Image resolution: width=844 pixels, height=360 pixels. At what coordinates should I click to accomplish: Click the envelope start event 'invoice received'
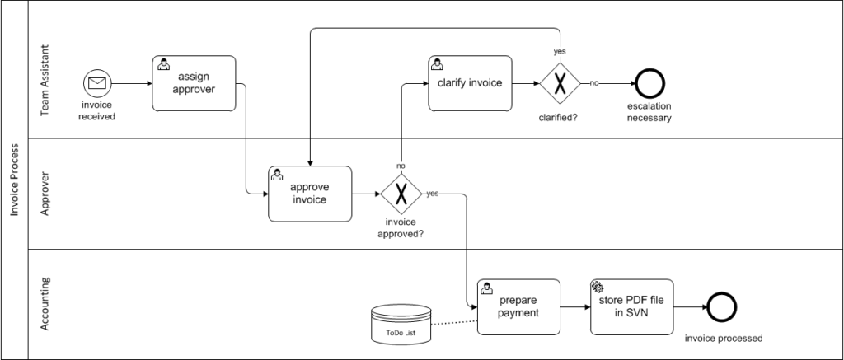point(97,83)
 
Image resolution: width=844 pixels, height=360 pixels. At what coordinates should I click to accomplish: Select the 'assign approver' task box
point(194,83)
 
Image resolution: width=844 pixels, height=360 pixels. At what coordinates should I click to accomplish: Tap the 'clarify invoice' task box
point(470,83)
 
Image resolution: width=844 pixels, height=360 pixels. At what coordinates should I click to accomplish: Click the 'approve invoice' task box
point(310,194)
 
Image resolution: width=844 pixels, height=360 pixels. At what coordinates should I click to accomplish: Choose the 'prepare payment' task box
point(518,306)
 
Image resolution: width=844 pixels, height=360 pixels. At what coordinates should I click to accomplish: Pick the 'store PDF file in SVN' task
point(631,306)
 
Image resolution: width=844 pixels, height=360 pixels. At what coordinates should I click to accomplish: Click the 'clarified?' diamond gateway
point(560,83)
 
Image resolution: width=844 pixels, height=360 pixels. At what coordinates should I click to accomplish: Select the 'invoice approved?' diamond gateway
point(401,194)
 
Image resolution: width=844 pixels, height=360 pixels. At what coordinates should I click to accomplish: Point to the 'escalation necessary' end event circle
point(649,83)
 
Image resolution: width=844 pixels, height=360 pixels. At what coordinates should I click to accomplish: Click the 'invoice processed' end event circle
point(723,306)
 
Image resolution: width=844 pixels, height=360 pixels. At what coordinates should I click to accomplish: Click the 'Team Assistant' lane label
point(45,69)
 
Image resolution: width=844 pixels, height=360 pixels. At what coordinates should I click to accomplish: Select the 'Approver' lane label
point(45,194)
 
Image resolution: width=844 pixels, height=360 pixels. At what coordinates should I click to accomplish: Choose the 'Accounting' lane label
point(45,304)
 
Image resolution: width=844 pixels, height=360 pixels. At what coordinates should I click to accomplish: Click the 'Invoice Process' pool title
point(15,180)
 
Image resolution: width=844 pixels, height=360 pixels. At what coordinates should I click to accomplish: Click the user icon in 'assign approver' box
point(163,64)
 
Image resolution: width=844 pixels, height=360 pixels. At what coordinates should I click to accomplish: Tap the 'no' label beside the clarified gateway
point(593,83)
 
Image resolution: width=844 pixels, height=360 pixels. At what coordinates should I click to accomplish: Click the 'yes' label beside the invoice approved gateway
point(432,194)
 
